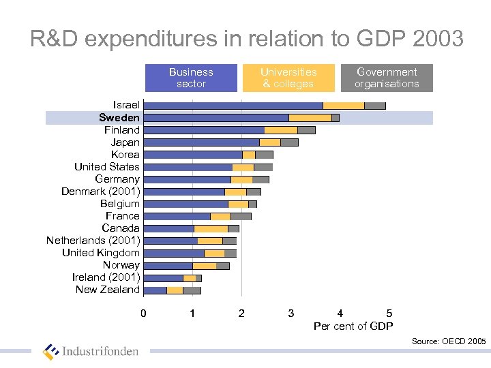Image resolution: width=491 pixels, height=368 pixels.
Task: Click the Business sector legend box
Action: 191,78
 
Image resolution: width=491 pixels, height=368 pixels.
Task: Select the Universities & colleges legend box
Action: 288,78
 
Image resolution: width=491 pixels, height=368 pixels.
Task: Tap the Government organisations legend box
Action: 387,78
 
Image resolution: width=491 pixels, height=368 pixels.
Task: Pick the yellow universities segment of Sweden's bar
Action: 310,118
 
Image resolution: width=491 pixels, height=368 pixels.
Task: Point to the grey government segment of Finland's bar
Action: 306,130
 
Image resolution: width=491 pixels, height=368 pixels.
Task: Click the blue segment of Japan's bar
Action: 202,142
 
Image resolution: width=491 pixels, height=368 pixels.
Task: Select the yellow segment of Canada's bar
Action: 211,228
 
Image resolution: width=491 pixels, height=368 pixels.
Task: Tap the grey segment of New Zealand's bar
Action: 192,290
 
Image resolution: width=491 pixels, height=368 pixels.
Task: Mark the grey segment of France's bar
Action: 241,216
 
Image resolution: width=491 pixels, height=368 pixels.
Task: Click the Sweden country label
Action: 119,118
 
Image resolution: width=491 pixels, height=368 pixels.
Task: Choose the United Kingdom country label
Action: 101,253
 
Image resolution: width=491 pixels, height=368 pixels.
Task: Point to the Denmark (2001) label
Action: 100,191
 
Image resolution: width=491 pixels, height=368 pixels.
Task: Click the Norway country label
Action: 121,265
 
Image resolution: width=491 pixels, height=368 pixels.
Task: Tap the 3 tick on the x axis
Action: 291,313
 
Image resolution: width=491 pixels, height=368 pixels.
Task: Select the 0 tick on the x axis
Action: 143,313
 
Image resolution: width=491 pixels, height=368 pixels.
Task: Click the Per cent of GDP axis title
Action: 353,326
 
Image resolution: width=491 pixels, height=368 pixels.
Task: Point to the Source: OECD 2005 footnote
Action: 449,341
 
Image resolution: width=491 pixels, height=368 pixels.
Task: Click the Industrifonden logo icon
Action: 51,352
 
